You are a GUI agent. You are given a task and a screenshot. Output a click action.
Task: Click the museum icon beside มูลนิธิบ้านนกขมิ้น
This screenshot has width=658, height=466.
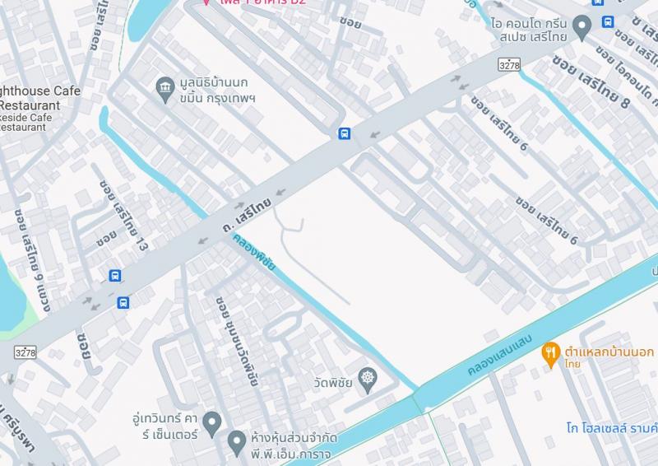[x=164, y=86]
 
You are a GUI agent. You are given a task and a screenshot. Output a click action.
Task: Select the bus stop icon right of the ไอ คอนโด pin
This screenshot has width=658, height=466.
[x=608, y=21]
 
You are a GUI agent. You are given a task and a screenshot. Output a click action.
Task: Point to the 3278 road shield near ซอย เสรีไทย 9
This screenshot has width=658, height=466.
[x=25, y=352]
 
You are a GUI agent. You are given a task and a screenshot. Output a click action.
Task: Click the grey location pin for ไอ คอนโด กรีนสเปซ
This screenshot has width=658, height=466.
[x=582, y=27]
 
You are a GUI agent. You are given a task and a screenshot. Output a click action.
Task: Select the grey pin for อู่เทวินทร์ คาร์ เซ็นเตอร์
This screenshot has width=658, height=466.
[x=212, y=423]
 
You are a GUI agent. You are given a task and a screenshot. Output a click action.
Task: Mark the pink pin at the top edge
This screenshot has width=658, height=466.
[x=206, y=2]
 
